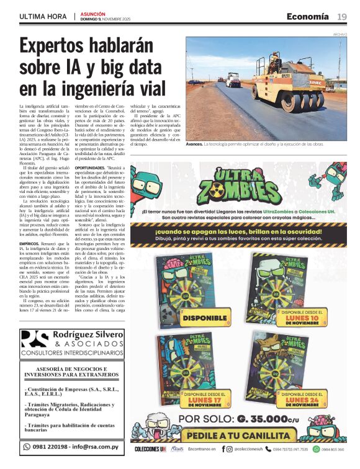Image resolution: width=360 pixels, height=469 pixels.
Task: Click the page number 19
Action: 342,17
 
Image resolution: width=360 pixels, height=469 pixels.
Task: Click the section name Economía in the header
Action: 307,17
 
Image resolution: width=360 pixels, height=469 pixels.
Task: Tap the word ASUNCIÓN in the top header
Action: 93,13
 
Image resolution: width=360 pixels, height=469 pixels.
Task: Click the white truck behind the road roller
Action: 233,79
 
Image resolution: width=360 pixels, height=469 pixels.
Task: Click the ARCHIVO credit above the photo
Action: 340,34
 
